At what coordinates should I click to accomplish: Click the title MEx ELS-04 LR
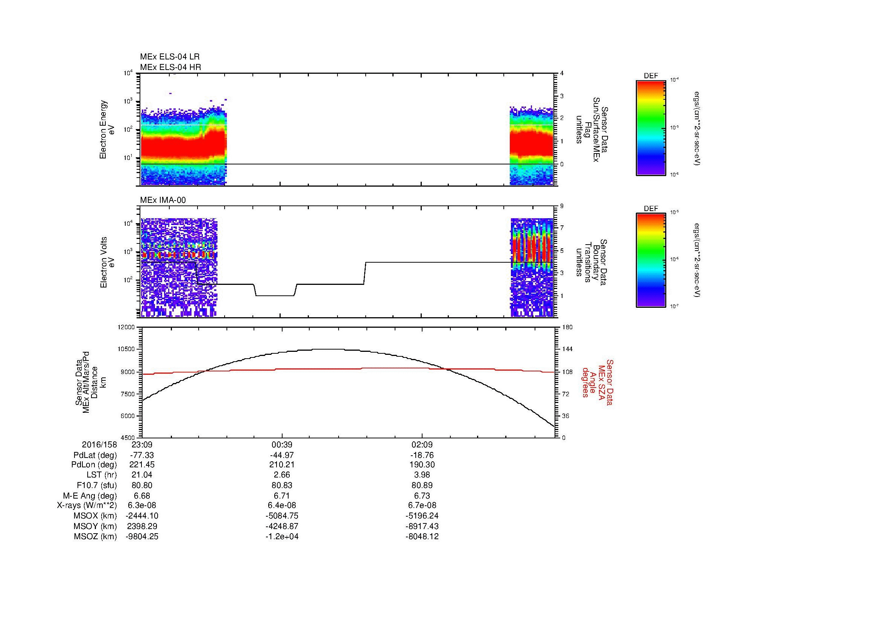coord(170,57)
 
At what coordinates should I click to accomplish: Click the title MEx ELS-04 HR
coord(170,67)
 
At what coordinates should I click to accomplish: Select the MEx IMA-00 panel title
coord(163,200)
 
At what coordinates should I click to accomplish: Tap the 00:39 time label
coord(282,445)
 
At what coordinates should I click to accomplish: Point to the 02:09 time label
coord(422,445)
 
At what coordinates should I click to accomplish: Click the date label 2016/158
coord(99,445)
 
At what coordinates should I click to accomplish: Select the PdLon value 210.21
coord(282,465)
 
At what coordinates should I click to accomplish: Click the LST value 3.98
coord(422,475)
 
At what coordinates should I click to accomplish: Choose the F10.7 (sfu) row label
coord(97,485)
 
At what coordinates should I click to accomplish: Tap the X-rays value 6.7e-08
coord(422,505)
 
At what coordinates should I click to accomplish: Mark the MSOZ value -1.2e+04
coord(282,537)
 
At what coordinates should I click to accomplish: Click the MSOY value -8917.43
coord(422,526)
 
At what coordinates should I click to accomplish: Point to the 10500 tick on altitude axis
coord(126,349)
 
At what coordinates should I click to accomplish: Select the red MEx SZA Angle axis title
coord(597,382)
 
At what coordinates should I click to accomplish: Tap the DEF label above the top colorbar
coord(651,76)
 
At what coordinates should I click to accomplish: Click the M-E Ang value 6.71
coord(282,496)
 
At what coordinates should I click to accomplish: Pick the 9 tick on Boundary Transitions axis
coord(562,206)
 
